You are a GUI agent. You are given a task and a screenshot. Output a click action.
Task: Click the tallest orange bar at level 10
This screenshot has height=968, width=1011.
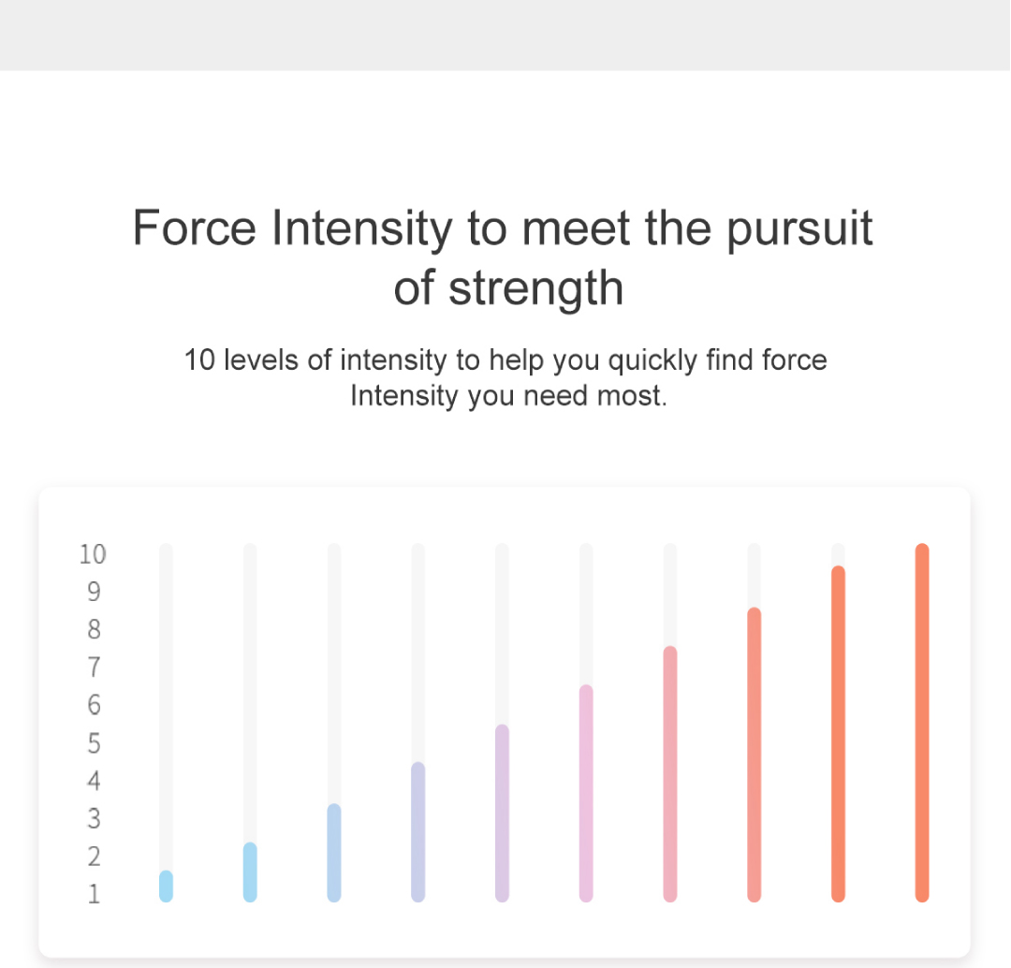tap(922, 723)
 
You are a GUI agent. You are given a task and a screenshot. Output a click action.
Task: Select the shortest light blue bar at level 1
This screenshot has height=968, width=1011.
tap(166, 887)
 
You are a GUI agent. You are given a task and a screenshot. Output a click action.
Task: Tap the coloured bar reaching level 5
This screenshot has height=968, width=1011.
tap(502, 814)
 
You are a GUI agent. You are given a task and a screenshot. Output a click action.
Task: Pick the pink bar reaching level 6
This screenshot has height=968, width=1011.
tap(586, 793)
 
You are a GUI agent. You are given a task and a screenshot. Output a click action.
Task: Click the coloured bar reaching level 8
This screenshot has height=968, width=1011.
tap(754, 755)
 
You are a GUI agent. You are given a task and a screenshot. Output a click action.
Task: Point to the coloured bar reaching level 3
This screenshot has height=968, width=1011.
tap(334, 853)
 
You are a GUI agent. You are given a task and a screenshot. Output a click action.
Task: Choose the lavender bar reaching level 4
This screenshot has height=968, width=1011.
tap(418, 832)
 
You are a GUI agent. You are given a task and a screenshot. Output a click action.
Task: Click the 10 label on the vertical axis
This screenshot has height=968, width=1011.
tap(93, 554)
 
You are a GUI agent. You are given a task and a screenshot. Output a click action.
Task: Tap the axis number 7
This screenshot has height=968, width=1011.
tap(95, 667)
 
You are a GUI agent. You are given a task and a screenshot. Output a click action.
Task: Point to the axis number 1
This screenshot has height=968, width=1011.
tap(95, 894)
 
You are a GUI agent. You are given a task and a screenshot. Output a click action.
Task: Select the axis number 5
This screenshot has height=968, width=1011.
tap(95, 743)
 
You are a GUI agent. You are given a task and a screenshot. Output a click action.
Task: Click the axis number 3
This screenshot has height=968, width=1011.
tap(95, 818)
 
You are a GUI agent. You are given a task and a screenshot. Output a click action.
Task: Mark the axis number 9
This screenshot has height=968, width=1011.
tap(95, 592)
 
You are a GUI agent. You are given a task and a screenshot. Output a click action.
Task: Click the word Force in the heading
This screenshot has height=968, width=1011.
tap(194, 227)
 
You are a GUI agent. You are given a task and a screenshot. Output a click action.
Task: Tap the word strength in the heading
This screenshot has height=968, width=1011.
tap(535, 288)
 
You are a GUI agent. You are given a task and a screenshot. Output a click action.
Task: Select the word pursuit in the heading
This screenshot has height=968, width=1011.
tap(799, 229)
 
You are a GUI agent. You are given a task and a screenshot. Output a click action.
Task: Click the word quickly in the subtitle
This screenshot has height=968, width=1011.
tap(652, 360)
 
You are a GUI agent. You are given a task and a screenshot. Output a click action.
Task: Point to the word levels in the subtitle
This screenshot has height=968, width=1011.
tap(261, 359)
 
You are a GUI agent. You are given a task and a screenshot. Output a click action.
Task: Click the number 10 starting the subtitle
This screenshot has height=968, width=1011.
tap(199, 359)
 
